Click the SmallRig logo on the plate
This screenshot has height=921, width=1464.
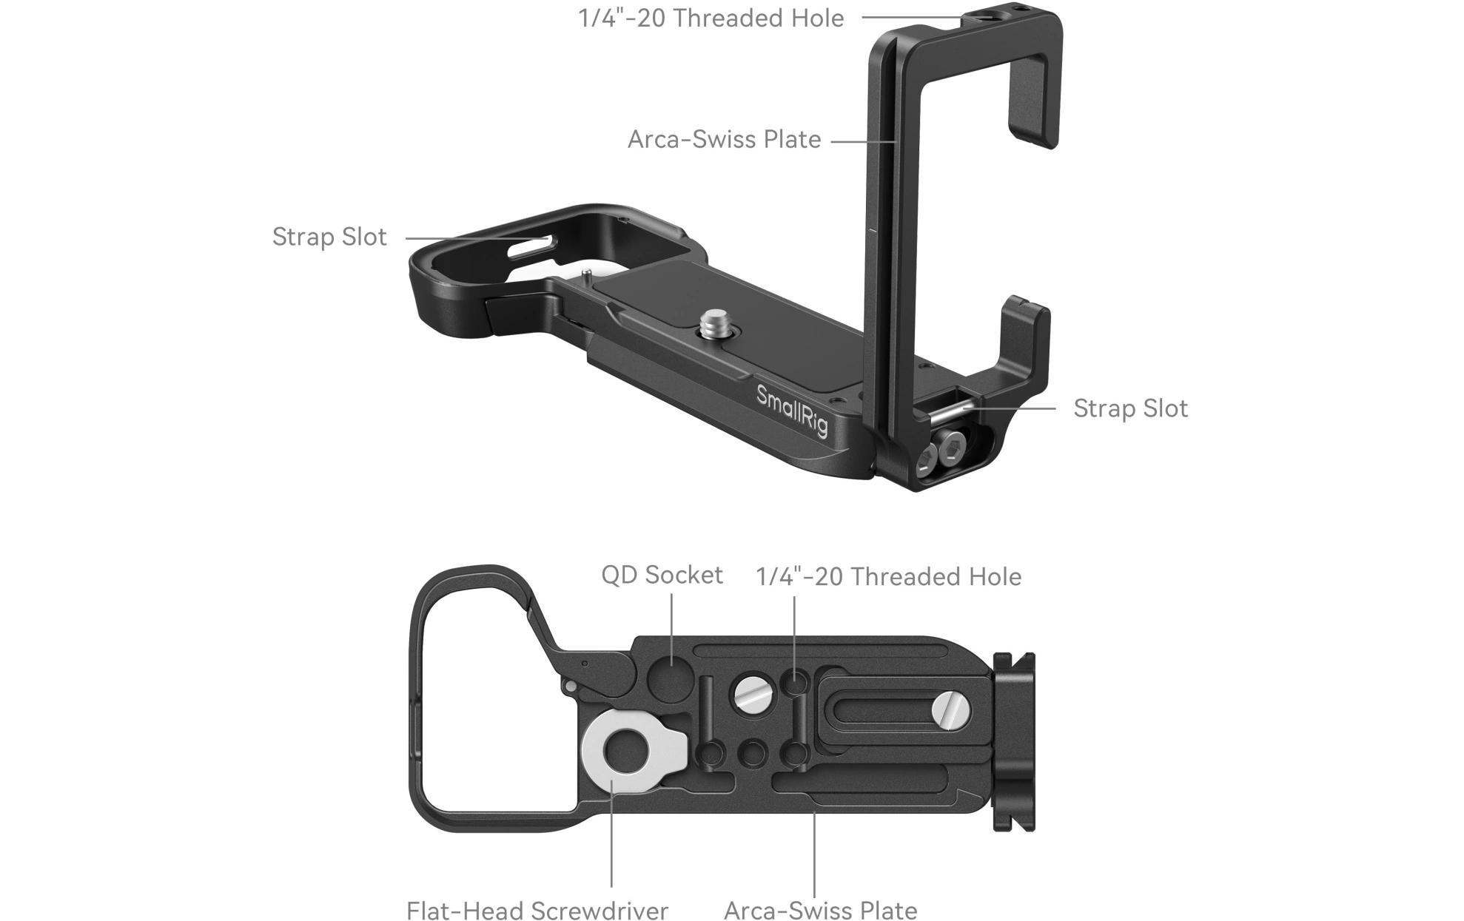click(791, 411)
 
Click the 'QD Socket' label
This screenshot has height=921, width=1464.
click(662, 575)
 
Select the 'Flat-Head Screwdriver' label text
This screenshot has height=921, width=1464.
click(537, 910)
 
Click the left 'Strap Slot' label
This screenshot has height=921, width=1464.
click(329, 237)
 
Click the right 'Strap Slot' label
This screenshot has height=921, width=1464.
click(1130, 408)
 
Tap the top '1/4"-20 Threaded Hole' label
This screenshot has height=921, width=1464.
click(711, 18)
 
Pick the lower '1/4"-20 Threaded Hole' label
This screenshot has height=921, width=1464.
click(888, 576)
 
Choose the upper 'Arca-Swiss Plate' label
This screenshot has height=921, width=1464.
click(724, 139)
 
